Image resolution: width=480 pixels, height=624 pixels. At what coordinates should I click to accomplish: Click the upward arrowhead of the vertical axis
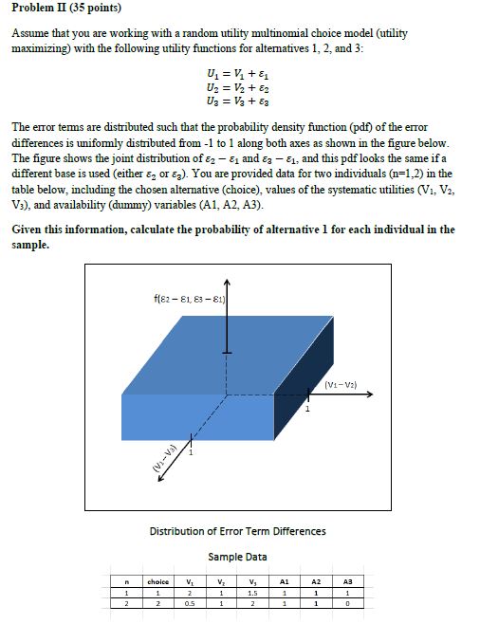[226, 283]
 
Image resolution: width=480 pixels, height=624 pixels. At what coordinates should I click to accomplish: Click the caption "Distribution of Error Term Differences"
[237, 530]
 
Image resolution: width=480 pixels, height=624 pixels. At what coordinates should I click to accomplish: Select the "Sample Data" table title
[237, 556]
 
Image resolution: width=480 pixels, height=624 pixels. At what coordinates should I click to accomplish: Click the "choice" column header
[157, 580]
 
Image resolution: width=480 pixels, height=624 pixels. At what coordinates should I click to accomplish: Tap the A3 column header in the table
[348, 580]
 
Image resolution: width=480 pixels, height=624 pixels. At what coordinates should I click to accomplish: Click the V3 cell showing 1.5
[251, 592]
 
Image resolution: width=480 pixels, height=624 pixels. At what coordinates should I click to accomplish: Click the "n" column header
[126, 580]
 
